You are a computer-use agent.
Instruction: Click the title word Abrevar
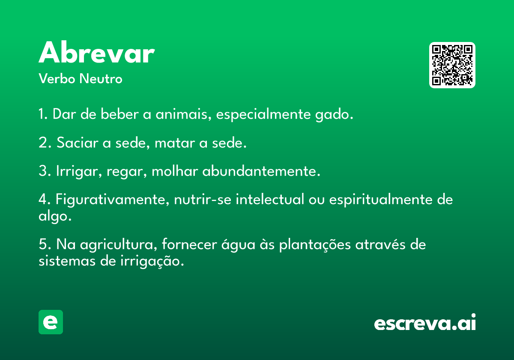pyautogui.click(x=97, y=52)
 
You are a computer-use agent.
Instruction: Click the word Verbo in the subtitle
pyautogui.click(x=57, y=78)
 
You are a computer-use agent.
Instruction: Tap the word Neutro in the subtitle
pyautogui.click(x=101, y=78)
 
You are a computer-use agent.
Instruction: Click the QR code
pyautogui.click(x=452, y=65)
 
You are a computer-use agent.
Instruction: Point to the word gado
pyautogui.click(x=334, y=114)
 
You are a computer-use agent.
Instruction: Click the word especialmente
pyautogui.click(x=263, y=114)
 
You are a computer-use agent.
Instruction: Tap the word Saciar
pyautogui.click(x=78, y=143)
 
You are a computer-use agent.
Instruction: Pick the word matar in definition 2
pyautogui.click(x=175, y=143)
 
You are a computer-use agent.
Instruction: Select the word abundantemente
pyautogui.click(x=261, y=171)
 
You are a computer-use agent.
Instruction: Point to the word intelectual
pyautogui.click(x=270, y=199)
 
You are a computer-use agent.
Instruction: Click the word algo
pyautogui.click(x=55, y=216)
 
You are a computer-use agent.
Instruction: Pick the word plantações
pyautogui.click(x=315, y=245)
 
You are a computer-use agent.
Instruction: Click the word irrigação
pyautogui.click(x=152, y=261)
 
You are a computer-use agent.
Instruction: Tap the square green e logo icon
pyautogui.click(x=51, y=322)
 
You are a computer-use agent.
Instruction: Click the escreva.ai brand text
pyautogui.click(x=425, y=322)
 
